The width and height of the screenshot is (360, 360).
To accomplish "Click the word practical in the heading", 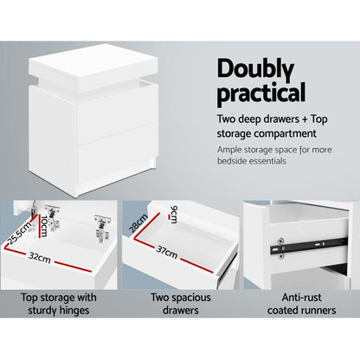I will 260,92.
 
